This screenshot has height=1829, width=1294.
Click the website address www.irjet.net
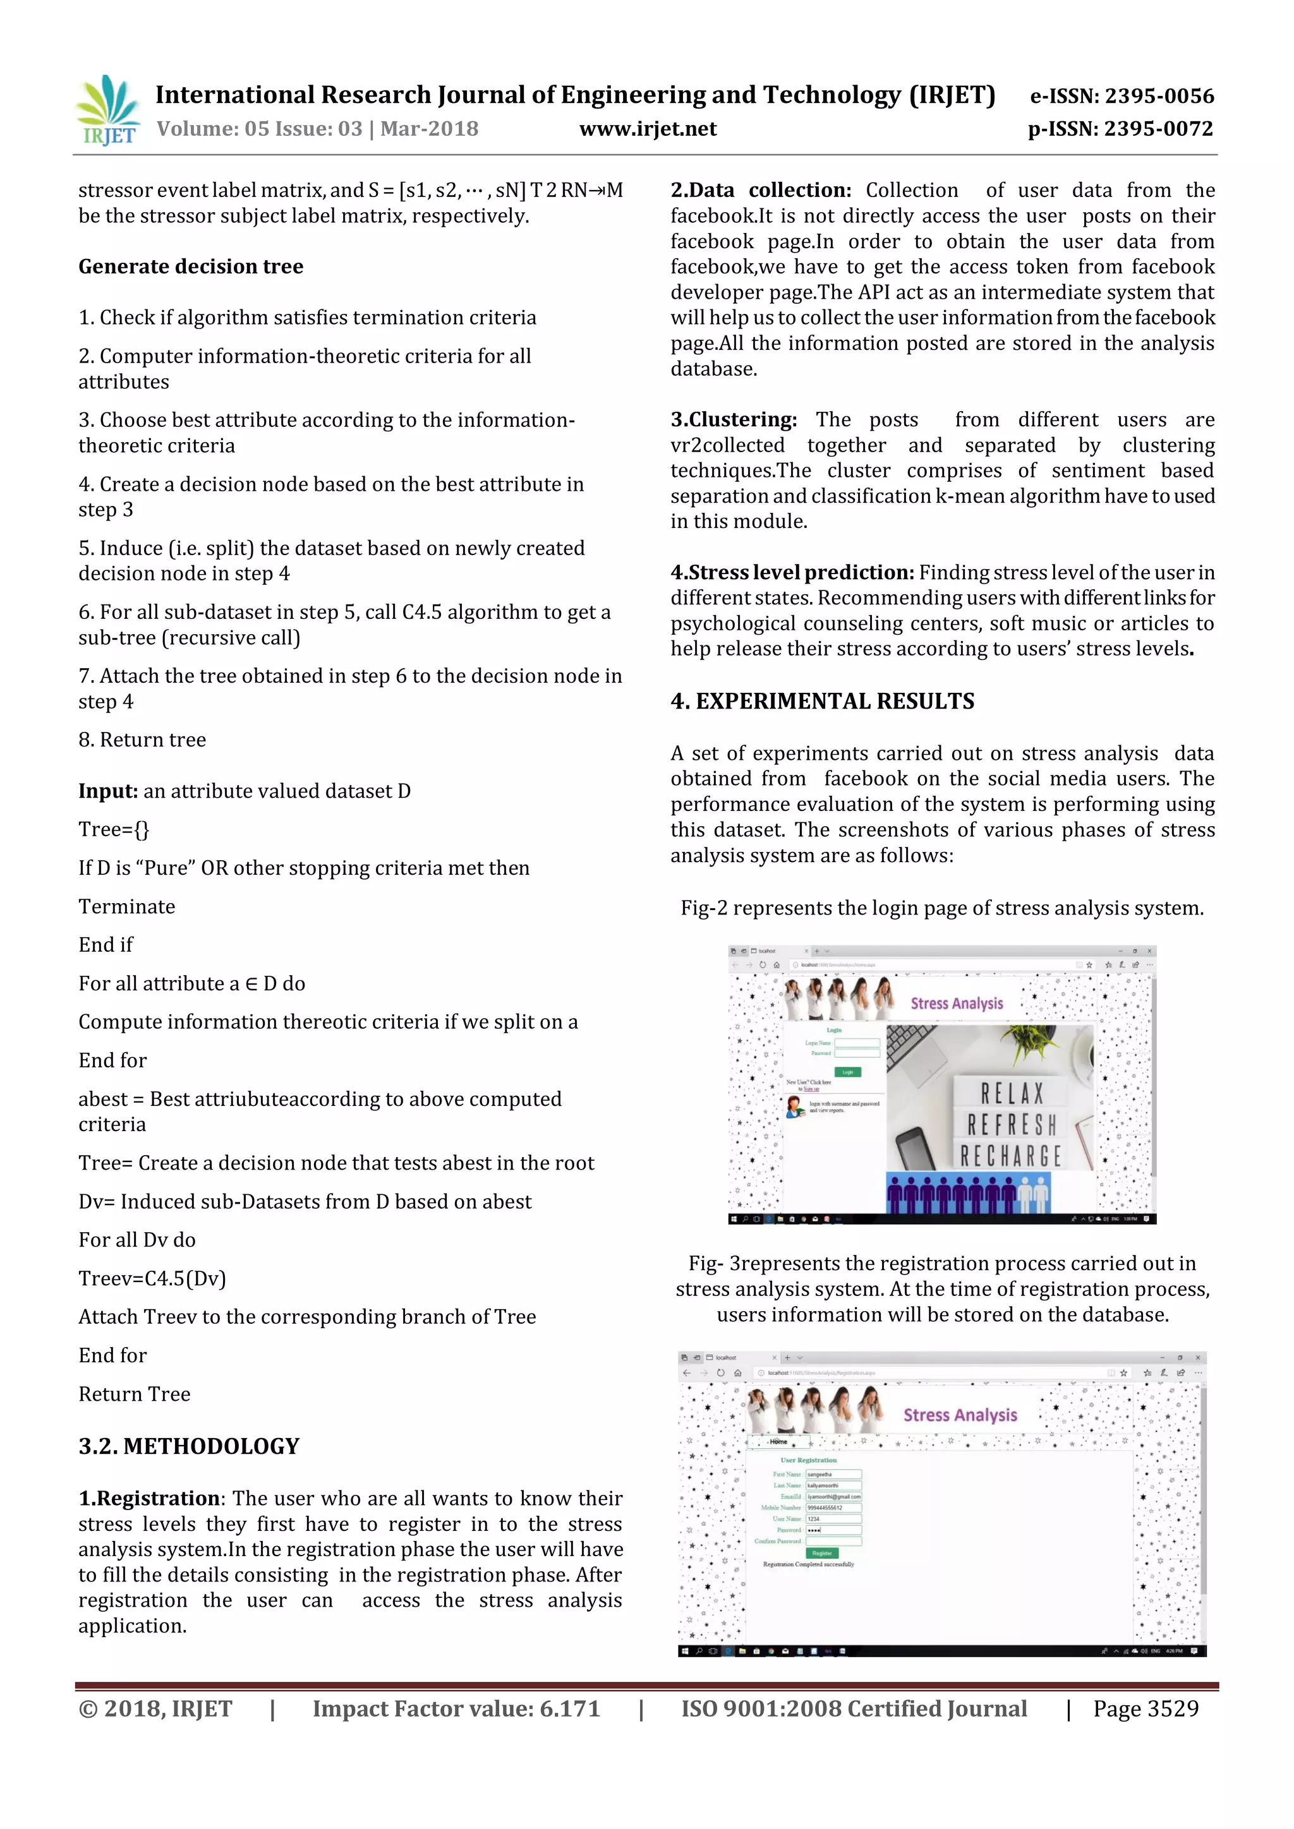pyautogui.click(x=647, y=129)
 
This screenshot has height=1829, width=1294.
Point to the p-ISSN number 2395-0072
pyautogui.click(x=1120, y=129)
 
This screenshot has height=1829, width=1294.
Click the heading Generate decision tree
pyautogui.click(x=190, y=266)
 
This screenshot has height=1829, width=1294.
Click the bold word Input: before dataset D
pyautogui.click(x=109, y=791)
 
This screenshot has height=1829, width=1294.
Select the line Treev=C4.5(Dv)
pyautogui.click(x=152, y=1278)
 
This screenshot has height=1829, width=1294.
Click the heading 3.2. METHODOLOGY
pyautogui.click(x=189, y=1447)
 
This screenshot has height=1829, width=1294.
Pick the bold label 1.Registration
pyautogui.click(x=149, y=1499)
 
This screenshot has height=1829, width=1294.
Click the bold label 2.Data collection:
pyautogui.click(x=760, y=190)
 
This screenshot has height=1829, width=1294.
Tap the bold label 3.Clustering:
pyautogui.click(x=733, y=420)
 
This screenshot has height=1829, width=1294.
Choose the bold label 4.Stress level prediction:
pyautogui.click(x=792, y=573)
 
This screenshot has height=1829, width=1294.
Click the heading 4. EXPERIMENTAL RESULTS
pyautogui.click(x=822, y=701)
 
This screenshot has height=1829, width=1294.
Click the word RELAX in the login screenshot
pyautogui.click(x=1012, y=1093)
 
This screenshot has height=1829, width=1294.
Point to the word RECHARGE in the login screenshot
pyautogui.click(x=1010, y=1156)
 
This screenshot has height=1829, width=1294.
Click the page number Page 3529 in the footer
pyautogui.click(x=1145, y=1709)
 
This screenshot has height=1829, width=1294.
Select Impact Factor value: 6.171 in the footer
pyautogui.click(x=456, y=1709)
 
